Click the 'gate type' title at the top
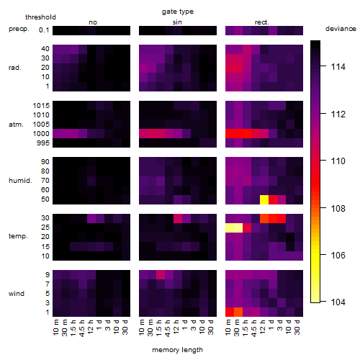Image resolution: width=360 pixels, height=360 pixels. [178, 12]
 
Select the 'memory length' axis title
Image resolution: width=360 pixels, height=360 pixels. [177, 350]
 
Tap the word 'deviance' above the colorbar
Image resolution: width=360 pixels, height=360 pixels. [341, 29]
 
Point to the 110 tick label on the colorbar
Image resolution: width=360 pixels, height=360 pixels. [338, 161]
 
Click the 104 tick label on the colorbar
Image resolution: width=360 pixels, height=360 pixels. [338, 302]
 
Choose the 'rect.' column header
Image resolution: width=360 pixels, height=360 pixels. [261, 22]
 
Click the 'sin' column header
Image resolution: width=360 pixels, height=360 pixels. [177, 22]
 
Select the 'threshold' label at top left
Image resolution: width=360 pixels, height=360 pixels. [40, 17]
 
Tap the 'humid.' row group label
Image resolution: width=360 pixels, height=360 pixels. [20, 181]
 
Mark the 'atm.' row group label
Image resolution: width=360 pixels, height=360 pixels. [16, 125]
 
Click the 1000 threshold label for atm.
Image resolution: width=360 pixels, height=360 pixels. [41, 134]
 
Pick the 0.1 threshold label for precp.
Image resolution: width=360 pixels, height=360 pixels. [44, 30]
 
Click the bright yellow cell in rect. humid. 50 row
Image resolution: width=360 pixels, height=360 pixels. [264, 199]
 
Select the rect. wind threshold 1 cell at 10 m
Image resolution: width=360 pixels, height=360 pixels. [230, 312]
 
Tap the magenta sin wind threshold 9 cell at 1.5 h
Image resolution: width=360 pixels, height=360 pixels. [161, 275]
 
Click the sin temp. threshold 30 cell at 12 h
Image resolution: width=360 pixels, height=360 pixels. [178, 218]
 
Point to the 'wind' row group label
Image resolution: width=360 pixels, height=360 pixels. [17, 294]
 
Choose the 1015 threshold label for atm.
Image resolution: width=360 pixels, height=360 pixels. [41, 106]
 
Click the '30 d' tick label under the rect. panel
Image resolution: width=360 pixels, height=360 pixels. [297, 328]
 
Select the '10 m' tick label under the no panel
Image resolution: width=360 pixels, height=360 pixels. [55, 328]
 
